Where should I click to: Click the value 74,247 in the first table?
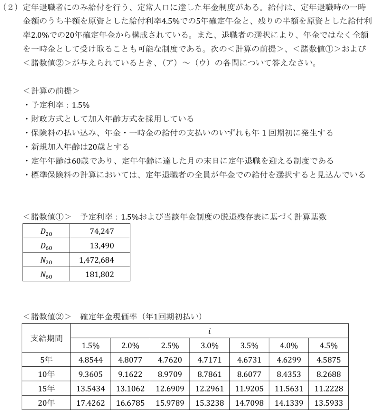[101, 231]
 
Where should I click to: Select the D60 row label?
[46, 245]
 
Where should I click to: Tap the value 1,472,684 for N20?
[97, 260]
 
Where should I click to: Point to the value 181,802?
[99, 274]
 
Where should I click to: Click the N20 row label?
[46, 260]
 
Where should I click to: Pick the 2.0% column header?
[130, 346]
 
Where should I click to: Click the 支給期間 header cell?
[47, 338]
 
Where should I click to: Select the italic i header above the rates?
[209, 331]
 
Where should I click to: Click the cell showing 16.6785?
[130, 404]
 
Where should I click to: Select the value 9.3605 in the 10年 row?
[90, 374]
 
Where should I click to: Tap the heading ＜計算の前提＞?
[51, 90]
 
